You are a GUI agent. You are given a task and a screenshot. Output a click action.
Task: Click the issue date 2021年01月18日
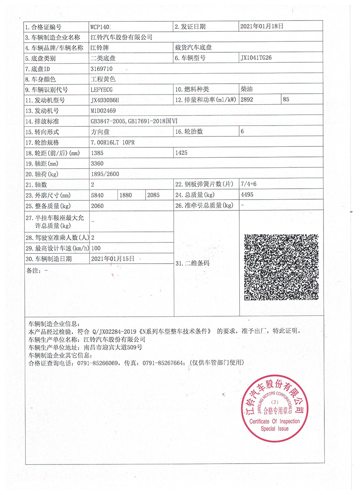coord(262,26)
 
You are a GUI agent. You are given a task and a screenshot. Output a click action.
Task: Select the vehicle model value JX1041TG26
coord(257,58)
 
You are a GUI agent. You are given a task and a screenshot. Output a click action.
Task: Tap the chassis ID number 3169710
coord(101,68)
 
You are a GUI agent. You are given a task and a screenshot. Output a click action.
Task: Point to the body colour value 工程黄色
coord(103,79)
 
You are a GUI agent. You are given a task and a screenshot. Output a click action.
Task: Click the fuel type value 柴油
coord(246,89)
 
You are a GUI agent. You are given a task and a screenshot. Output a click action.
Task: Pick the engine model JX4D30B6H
coord(105,100)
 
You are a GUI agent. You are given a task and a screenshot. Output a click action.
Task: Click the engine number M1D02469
coord(103,110)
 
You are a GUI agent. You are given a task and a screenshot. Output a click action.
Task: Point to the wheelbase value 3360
coord(97,163)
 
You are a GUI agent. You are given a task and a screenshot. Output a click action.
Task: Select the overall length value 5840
coord(97,195)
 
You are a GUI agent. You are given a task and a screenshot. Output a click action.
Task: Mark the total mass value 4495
coord(247,195)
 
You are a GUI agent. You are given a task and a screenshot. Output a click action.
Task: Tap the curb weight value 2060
coord(97,205)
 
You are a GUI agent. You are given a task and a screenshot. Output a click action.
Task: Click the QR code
coord(281,267)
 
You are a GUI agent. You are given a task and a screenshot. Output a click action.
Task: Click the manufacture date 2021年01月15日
coord(113,259)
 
